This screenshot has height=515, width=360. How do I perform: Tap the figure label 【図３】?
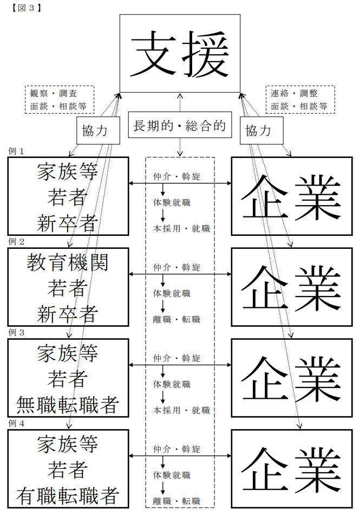click(x=27, y=8)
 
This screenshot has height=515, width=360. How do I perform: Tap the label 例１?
click(x=16, y=151)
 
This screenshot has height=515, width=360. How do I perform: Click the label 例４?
click(x=16, y=423)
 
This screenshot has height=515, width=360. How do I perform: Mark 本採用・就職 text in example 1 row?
click(x=181, y=228)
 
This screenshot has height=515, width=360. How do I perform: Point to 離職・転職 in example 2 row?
click(x=176, y=319)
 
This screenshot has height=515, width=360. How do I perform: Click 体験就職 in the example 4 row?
click(x=172, y=475)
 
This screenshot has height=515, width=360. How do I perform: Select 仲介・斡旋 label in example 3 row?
click(x=176, y=358)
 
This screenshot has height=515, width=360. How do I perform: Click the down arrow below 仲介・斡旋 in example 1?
click(x=163, y=190)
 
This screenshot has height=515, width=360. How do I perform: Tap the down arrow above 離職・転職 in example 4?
click(x=163, y=488)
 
